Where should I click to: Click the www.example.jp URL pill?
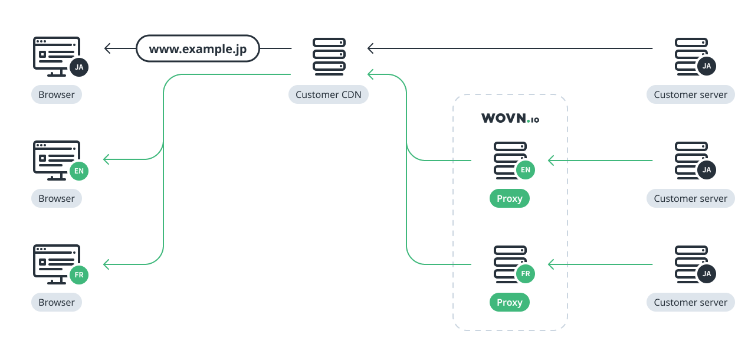point(198,48)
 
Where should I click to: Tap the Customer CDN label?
point(329,94)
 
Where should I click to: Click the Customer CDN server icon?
point(329,57)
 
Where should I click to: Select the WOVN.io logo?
point(510,119)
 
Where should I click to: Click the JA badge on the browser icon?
point(79,67)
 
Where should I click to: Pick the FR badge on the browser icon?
point(79,275)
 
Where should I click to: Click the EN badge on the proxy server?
point(525,170)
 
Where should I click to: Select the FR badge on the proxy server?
point(525,274)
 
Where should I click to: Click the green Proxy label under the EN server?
point(510,198)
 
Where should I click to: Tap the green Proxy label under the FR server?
point(510,302)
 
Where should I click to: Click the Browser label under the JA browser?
point(57,94)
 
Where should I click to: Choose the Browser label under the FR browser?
point(57,302)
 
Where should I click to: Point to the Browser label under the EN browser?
point(57,198)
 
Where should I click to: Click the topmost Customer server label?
point(690,94)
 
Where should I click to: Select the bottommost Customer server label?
point(690,302)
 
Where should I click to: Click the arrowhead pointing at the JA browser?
point(107,48)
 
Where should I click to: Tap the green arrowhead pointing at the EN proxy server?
point(551,160)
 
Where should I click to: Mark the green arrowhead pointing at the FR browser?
point(106,264)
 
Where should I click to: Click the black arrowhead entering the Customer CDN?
point(370,48)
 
